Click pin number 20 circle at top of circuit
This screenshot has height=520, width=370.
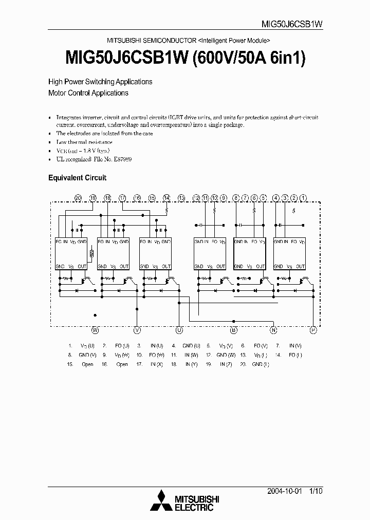point(78,198)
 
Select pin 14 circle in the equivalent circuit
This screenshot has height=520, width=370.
point(166,198)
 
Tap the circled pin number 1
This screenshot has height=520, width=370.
point(304,198)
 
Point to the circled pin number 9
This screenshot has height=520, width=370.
point(223,198)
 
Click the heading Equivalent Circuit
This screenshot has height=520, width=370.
point(77,178)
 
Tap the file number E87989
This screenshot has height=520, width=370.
point(123,160)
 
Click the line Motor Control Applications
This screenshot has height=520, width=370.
point(88,93)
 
